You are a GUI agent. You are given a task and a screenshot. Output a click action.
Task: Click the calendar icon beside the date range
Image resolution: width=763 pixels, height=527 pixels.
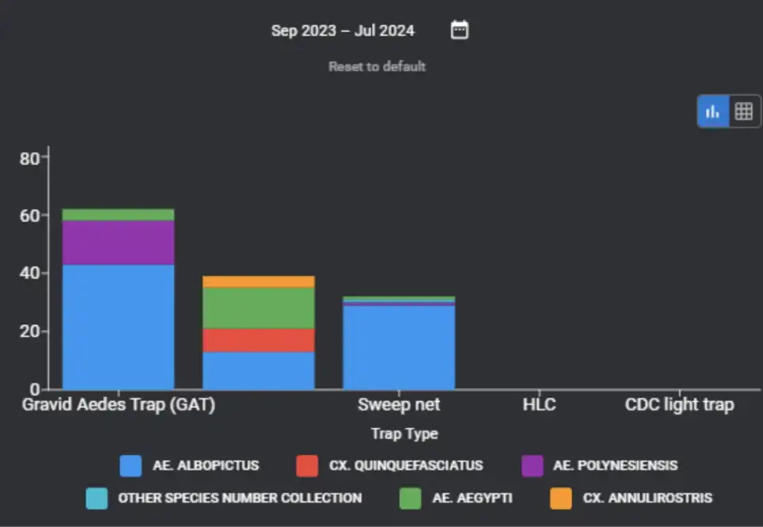point(459,30)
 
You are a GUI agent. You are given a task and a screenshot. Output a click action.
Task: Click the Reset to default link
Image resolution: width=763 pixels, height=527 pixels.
point(377,66)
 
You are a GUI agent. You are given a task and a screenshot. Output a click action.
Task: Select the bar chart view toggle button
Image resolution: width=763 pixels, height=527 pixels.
point(712,112)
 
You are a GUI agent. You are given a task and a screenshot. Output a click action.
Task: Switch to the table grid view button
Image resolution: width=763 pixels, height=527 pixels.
point(743,112)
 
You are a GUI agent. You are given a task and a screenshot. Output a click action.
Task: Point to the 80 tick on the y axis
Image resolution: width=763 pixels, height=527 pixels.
point(29,158)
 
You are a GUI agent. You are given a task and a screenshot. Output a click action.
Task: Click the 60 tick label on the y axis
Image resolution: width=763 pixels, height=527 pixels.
point(29,215)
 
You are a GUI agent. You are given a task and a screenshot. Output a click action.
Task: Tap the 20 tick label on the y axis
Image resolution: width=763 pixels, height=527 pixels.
point(29,332)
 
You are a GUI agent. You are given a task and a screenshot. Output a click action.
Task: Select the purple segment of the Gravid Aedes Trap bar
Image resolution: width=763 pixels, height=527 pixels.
point(118,242)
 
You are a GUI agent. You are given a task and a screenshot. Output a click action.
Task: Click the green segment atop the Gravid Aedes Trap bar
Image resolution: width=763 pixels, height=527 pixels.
point(118,214)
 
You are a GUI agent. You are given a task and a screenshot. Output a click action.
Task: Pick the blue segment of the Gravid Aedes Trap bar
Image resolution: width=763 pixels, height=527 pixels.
point(118,326)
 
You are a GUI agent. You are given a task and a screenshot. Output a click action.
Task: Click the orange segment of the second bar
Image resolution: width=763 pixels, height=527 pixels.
point(259,282)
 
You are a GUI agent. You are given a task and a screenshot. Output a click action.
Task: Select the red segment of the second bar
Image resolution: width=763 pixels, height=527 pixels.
point(259,340)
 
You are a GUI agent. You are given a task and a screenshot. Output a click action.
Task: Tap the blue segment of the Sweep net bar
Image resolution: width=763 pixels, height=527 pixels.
point(399,347)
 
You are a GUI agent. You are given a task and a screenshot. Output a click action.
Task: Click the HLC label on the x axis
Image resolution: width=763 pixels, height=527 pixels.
point(539,405)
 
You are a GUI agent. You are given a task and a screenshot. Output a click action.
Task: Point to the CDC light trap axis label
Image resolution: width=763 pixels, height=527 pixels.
point(679,405)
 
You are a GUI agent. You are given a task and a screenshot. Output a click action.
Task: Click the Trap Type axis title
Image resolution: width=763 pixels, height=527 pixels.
point(404,434)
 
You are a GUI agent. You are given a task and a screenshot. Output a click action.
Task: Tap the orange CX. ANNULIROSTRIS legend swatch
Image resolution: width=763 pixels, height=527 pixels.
point(560,499)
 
